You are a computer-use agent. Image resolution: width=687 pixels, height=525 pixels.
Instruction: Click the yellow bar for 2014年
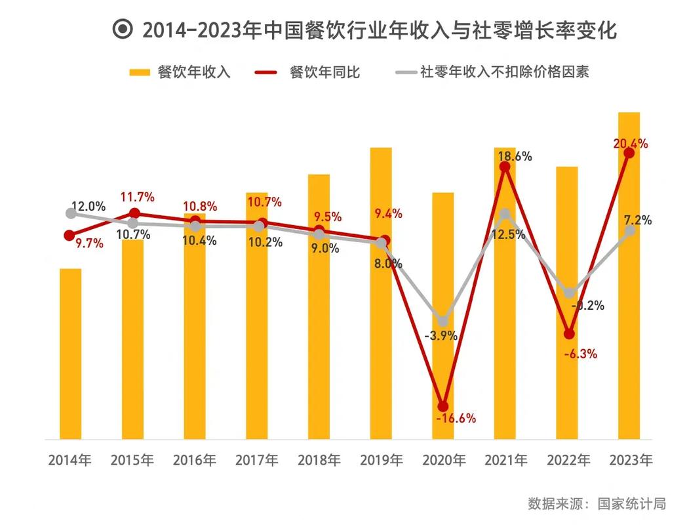pyautogui.click(x=70, y=354)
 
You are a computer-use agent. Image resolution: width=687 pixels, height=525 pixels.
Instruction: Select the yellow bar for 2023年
pyautogui.click(x=629, y=276)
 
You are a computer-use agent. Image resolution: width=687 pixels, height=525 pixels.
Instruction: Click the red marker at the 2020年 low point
pyautogui.click(x=443, y=406)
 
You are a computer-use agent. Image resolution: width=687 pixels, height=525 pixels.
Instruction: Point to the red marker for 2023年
pyautogui.click(x=629, y=153)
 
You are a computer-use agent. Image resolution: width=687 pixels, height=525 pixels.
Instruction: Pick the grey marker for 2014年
pyautogui.click(x=71, y=213)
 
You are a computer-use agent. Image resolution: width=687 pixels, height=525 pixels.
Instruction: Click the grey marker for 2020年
pyautogui.click(x=442, y=321)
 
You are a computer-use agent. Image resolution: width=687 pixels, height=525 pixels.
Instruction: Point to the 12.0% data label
pyautogui.click(x=88, y=206)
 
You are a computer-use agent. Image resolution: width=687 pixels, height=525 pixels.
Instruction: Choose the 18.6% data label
pyautogui.click(x=515, y=156)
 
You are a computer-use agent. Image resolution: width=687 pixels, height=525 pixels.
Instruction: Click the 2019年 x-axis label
pyautogui.click(x=382, y=460)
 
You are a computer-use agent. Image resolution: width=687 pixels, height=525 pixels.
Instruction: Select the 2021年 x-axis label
pyautogui.click(x=506, y=460)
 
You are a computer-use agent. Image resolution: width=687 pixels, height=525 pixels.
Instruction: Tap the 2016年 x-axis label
pyautogui.click(x=195, y=460)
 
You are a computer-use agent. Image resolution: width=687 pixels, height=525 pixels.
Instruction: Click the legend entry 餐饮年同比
pyautogui.click(x=324, y=72)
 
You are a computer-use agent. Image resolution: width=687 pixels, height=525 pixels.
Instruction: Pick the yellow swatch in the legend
pyautogui.click(x=140, y=72)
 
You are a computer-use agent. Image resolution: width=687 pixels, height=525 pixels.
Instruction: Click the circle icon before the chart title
pyautogui.click(x=123, y=30)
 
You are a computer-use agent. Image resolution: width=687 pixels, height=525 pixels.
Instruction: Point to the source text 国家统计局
pyautogui.click(x=631, y=504)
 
